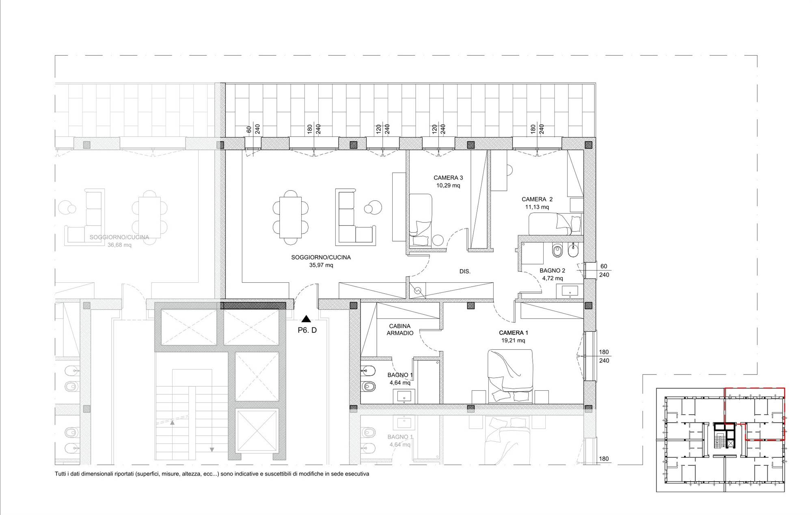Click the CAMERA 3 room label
(448, 178)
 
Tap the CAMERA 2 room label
(537, 199)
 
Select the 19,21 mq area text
(513, 341)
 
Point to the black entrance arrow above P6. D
(307, 319)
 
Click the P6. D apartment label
(307, 330)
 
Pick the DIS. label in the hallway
(465, 271)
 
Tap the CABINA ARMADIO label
(400, 329)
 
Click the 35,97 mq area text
(321, 265)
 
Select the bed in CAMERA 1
(510, 376)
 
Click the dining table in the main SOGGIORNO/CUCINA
(290, 217)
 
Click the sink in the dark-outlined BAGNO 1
(404, 396)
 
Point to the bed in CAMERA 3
(421, 220)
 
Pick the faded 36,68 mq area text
(119, 245)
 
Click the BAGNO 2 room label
(552, 270)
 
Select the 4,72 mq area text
(552, 279)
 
